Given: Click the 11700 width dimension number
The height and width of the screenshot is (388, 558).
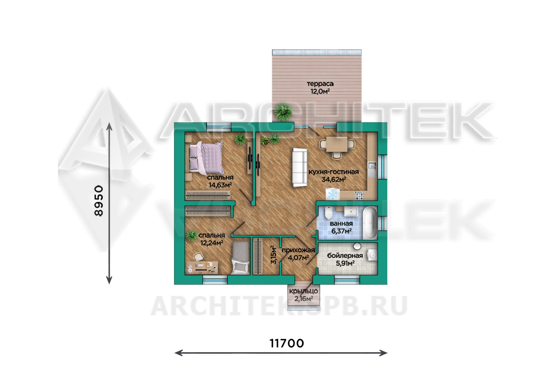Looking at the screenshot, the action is pyautogui.click(x=287, y=343).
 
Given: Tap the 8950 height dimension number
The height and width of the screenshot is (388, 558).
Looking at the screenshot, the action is pyautogui.click(x=99, y=201).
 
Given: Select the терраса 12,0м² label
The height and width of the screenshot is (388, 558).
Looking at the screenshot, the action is pyautogui.click(x=320, y=88).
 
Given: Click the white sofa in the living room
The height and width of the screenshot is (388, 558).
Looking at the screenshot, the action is pyautogui.click(x=300, y=168).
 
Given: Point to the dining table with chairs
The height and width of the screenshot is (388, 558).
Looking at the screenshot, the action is pyautogui.click(x=337, y=146).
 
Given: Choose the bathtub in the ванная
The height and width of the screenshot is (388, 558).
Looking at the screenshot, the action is pyautogui.click(x=370, y=222).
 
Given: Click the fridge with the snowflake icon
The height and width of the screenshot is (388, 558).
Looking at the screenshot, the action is pyautogui.click(x=332, y=194).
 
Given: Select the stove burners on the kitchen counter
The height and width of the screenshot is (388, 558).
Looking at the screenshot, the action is pyautogui.click(x=359, y=196).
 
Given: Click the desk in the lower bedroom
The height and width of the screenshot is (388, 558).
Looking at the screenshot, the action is pyautogui.click(x=202, y=267).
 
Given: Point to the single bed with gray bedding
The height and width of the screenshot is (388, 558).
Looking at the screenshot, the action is pyautogui.click(x=240, y=258).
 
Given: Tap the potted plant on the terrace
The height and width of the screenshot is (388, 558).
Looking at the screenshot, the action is pyautogui.click(x=283, y=112).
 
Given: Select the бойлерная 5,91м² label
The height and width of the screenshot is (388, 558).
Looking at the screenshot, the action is pyautogui.click(x=345, y=259).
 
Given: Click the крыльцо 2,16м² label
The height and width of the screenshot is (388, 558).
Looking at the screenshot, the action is pyautogui.click(x=303, y=295).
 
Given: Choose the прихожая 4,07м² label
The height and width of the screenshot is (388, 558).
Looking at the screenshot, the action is pyautogui.click(x=298, y=254).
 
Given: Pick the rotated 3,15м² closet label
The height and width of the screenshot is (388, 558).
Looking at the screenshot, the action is pyautogui.click(x=273, y=255).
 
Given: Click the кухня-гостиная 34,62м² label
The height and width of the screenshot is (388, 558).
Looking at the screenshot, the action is pyautogui.click(x=334, y=175).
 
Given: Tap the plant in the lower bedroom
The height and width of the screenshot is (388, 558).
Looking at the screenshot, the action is pyautogui.click(x=192, y=235).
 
